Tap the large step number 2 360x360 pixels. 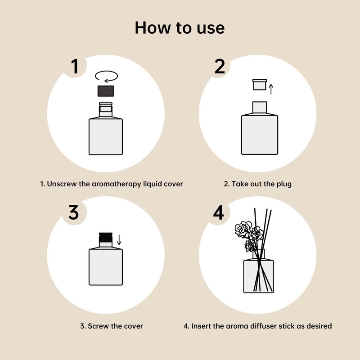pyautogui.click(x=219, y=66)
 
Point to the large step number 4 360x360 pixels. pyautogui.click(x=218, y=212)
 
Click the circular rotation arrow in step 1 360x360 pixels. pyautogui.click(x=107, y=76)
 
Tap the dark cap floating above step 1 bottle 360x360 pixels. pyautogui.click(x=107, y=91)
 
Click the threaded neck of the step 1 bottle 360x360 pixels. pyautogui.click(x=106, y=109)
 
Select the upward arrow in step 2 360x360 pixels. pyautogui.click(x=271, y=88)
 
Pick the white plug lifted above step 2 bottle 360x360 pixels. pyautogui.click(x=260, y=85)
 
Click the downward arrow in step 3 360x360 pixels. pyautogui.click(x=119, y=239)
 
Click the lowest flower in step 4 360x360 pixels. pyautogui.click(x=251, y=245)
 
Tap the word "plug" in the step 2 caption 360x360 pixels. pyautogui.click(x=282, y=184)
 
